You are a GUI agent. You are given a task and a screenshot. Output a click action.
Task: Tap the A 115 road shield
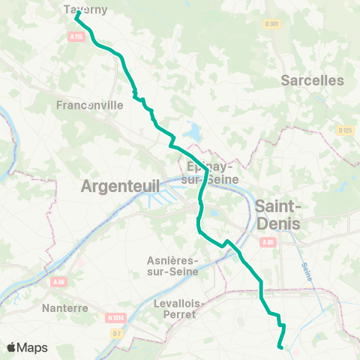(76, 35)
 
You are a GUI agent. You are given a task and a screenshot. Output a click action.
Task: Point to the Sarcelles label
(312, 80)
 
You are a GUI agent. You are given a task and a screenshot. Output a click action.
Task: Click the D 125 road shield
(344, 130)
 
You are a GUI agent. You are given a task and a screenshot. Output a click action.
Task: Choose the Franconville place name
(89, 106)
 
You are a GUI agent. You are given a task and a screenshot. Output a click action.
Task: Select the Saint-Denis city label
(278, 214)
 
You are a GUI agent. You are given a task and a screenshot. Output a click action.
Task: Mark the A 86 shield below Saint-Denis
(269, 241)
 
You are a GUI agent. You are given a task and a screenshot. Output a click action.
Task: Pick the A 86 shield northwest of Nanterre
(60, 281)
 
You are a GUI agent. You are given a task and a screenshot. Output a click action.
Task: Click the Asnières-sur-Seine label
(173, 265)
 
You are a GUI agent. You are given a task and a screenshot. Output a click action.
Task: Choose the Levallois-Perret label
(174, 309)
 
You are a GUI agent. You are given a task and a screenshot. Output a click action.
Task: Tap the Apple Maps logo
(26, 347)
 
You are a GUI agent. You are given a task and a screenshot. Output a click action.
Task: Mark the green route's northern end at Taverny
(77, 13)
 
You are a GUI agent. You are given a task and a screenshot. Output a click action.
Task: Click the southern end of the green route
(280, 347)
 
